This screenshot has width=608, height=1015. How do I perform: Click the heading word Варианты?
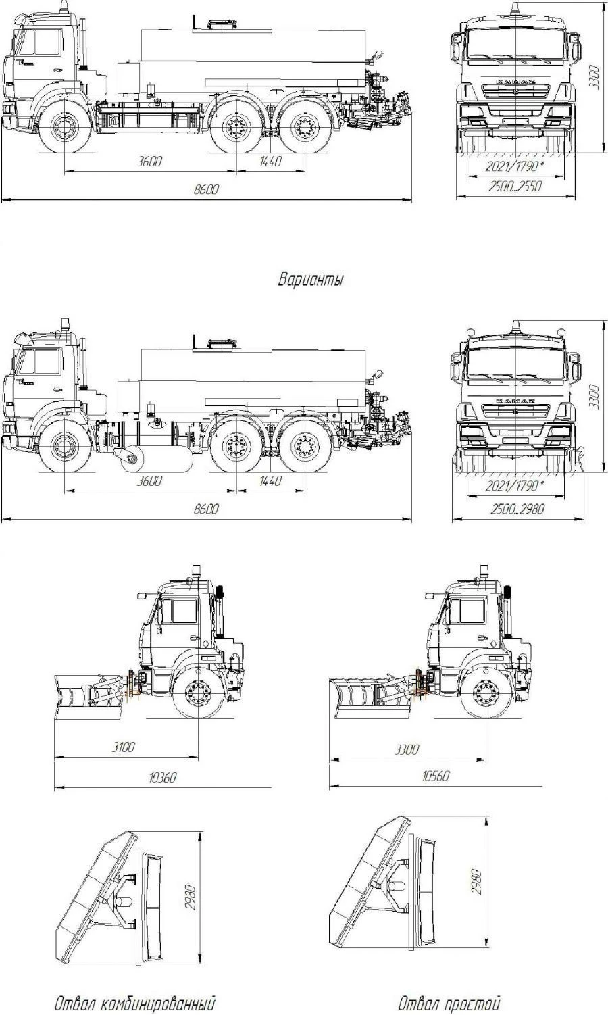point(310,279)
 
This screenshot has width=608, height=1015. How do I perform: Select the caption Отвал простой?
point(449,1002)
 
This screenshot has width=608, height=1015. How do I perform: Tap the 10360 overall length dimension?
point(162,777)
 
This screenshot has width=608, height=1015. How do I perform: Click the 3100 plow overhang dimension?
point(124,747)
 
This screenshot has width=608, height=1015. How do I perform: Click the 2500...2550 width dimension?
point(515,187)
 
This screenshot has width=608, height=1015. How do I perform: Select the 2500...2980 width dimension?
point(517,508)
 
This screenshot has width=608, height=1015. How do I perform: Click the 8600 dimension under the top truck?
point(206,190)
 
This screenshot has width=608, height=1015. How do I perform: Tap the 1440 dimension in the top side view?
point(270,162)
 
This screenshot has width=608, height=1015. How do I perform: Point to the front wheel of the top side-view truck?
point(65,128)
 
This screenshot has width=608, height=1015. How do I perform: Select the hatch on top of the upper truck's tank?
point(218,24)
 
